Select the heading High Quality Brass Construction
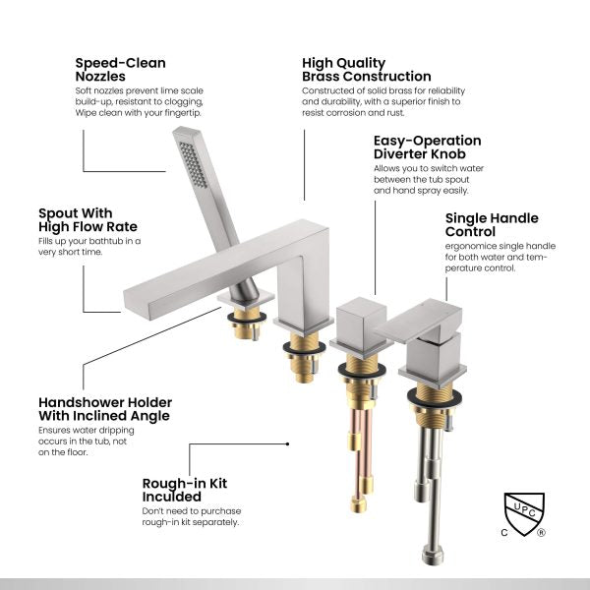[x=366, y=70]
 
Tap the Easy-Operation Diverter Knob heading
[x=427, y=147]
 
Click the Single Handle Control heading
[x=492, y=225]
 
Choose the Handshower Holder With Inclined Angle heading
[x=104, y=409]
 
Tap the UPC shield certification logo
[x=523, y=515]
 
